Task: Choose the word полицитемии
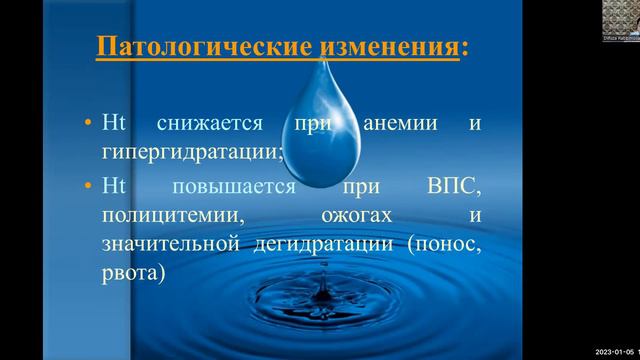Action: pos(160,215)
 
